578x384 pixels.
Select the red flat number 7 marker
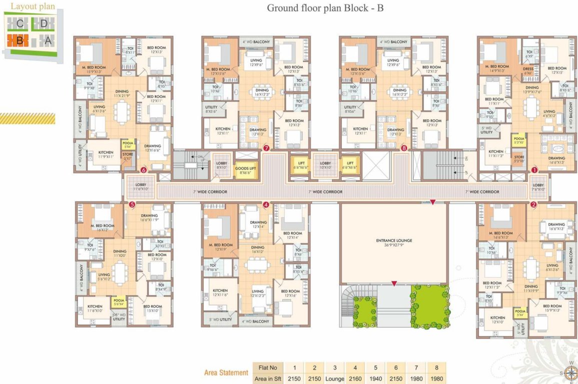[266, 148]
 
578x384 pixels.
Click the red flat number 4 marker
[266, 204]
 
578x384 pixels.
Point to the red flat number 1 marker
[534, 170]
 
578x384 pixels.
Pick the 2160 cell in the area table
[355, 378]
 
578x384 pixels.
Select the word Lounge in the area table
[334, 378]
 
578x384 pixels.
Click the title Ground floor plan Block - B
[325, 8]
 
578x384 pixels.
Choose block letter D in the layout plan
[44, 23]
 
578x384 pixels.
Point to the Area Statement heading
[226, 372]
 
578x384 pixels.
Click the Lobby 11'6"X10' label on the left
[141, 187]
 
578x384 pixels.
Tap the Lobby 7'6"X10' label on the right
[538, 187]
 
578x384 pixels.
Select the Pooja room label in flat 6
[128, 144]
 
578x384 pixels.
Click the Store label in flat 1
[519, 159]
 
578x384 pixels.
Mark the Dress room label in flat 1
[527, 70]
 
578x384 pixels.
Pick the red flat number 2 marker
[533, 204]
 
